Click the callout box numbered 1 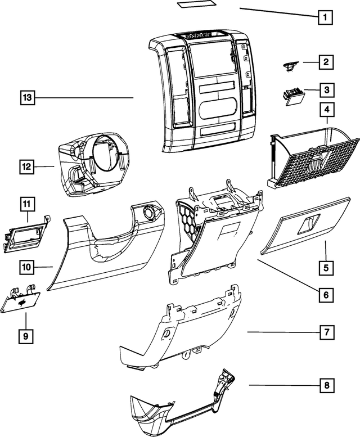click(324, 17)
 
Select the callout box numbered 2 click(325, 62)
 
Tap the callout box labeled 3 click(325, 89)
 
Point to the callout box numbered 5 click(325, 268)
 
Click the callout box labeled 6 click(325, 294)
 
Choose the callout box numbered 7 click(325, 332)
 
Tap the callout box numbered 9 click(26, 336)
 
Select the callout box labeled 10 click(26, 266)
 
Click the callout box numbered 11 click(26, 202)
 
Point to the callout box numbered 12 click(26, 166)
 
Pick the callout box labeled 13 click(26, 98)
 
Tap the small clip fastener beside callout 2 click(290, 66)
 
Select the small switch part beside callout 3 click(293, 96)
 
